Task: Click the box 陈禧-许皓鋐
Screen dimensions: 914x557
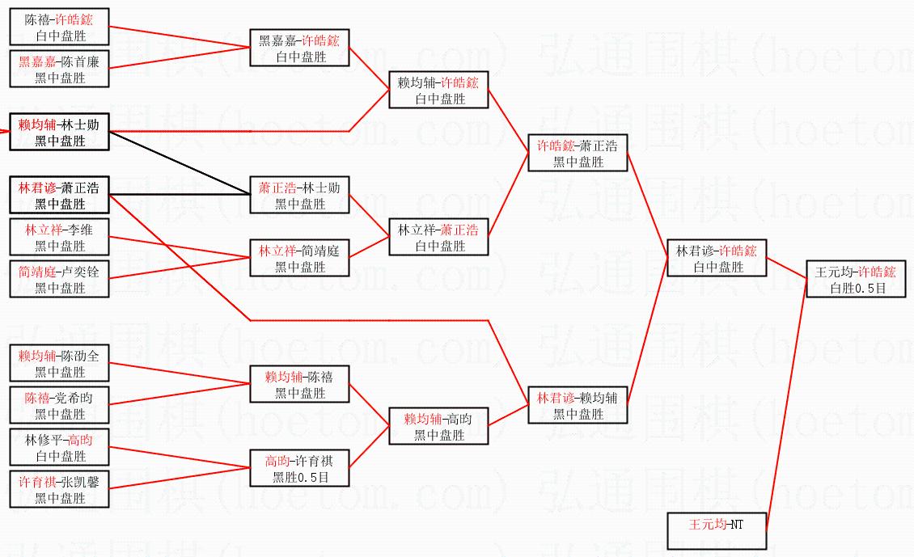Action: tap(60, 27)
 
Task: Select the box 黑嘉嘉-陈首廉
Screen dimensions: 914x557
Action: tap(60, 69)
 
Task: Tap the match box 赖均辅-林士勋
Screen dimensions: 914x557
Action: tap(60, 132)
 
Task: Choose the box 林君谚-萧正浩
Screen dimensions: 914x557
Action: tap(60, 195)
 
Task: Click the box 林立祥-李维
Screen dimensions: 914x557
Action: tap(60, 237)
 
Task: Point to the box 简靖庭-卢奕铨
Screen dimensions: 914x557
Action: tap(60, 278)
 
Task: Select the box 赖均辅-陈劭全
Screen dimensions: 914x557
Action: tap(60, 363)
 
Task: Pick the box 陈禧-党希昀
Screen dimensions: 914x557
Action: tap(60, 405)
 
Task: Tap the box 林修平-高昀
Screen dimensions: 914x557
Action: tap(60, 447)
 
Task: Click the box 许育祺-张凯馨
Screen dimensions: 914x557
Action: tap(60, 489)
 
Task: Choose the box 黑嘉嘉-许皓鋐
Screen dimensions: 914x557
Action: tap(299, 48)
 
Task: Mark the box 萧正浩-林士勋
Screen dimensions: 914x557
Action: tap(299, 195)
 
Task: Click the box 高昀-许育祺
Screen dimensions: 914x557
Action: tap(299, 468)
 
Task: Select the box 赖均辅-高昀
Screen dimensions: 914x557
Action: tap(438, 426)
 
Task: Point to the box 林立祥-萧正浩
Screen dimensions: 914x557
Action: tap(438, 237)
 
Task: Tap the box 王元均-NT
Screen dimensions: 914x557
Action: tap(717, 531)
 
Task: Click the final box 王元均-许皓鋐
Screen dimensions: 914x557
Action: tap(856, 278)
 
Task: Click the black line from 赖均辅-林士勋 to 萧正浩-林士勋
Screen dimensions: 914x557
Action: tap(180, 163)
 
